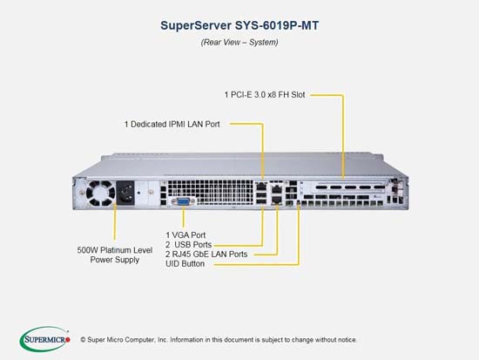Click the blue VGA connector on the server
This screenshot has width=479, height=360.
tap(183, 201)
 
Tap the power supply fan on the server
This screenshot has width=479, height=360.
tap(100, 194)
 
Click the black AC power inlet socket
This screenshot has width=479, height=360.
tap(125, 193)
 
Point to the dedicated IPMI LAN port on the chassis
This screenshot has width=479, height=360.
tap(261, 186)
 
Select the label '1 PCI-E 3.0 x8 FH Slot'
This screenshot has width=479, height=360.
tap(265, 95)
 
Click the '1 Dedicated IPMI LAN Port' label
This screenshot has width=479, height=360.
tap(172, 124)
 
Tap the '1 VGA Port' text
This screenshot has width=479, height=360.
tap(186, 235)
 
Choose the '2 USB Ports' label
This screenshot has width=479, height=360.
tap(188, 245)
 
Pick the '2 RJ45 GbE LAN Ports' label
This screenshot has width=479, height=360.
tap(206, 255)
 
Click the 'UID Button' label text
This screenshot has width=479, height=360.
tap(185, 263)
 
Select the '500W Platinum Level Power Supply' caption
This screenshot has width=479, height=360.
tap(115, 255)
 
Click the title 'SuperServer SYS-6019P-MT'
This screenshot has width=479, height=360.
tap(239, 25)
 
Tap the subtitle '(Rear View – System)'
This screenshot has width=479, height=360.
tap(239, 42)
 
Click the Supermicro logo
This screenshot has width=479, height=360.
tap(45, 339)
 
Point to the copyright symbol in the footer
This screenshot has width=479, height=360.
tap(83, 340)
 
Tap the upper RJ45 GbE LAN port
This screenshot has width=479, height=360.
tap(276, 189)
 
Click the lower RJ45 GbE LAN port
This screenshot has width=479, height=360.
tap(276, 200)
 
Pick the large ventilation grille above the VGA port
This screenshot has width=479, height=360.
tap(211, 192)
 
